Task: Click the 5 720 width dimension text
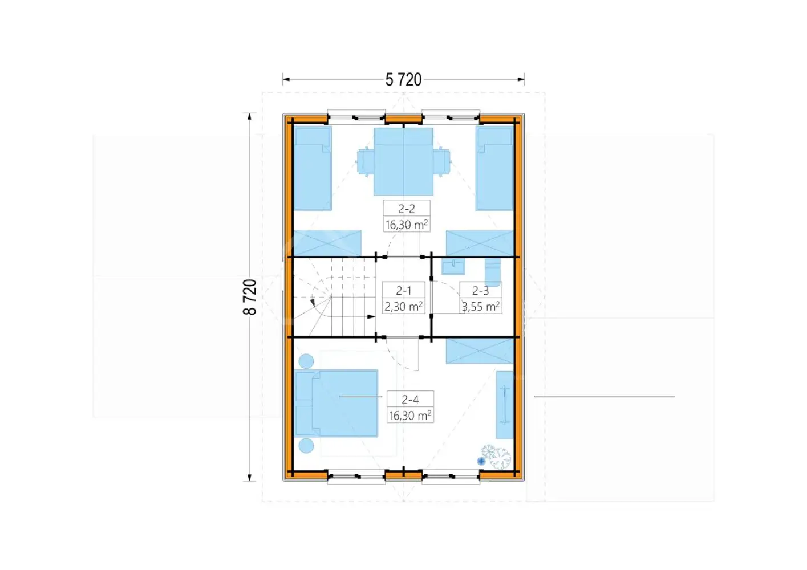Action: point(403,80)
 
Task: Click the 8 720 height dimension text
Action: point(250,297)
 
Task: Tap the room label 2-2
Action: point(407,209)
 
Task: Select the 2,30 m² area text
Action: point(404,307)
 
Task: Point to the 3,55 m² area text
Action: point(481,307)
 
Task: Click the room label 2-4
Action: point(410,400)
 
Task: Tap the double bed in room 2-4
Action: point(336,404)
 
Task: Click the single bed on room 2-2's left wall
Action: point(313,168)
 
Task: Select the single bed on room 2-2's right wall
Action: point(494,168)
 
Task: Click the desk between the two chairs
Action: point(404,162)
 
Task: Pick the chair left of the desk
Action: point(366,162)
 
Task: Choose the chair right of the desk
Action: point(441,162)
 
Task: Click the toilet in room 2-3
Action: point(493,272)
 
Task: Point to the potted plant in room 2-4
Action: point(496,457)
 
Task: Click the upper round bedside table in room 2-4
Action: point(306,361)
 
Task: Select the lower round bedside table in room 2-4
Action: point(306,446)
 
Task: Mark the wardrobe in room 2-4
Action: point(504,405)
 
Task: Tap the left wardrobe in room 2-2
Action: point(327,244)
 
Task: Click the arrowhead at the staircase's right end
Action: point(371,317)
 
